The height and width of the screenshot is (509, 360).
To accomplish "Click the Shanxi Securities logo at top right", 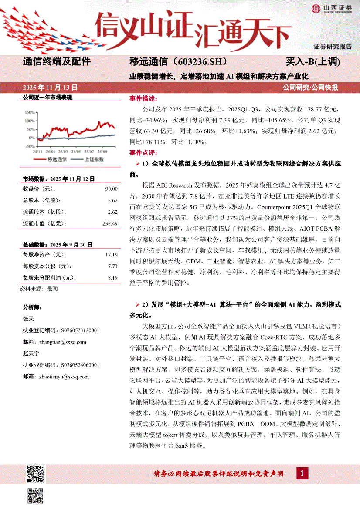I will click(332, 9).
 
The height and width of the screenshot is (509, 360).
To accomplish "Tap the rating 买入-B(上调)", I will click(312, 61).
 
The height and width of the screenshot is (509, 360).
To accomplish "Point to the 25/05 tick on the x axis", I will click(76, 152).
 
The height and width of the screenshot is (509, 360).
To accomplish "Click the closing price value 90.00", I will click(111, 189).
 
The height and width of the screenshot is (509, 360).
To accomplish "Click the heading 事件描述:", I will click(142, 98).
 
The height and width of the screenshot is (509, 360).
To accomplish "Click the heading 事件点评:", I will click(142, 153).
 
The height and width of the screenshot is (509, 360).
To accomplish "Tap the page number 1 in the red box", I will click(302, 473).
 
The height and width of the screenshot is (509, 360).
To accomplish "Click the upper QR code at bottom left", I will click(36, 473).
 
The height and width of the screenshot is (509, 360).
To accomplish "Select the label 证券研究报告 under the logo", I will click(333, 46).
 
